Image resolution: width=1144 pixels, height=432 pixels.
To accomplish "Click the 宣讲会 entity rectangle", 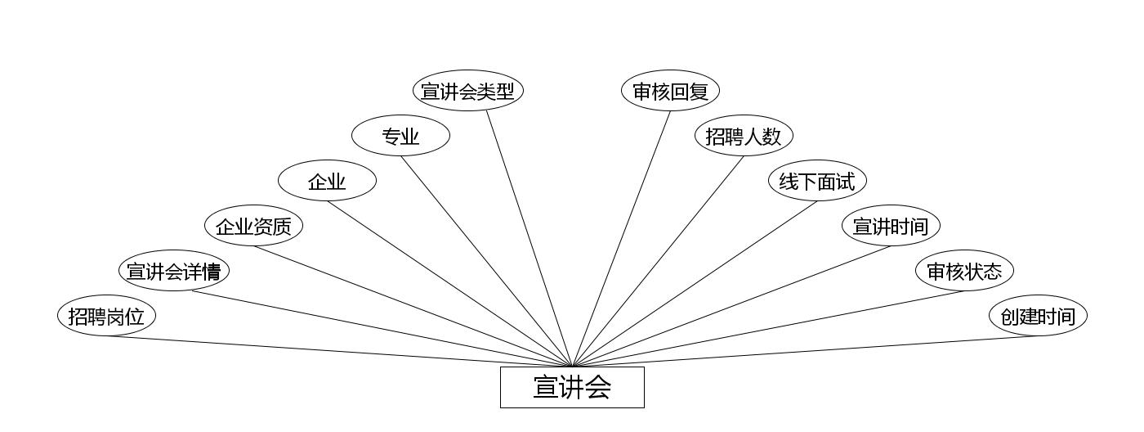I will pyautogui.click(x=572, y=387).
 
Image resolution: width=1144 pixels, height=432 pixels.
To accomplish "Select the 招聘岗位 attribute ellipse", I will pyautogui.click(x=106, y=316).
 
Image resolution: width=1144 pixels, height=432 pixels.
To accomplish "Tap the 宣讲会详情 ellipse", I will pyautogui.click(x=174, y=271).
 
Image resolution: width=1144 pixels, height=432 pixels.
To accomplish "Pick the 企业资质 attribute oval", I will pyautogui.click(x=253, y=226).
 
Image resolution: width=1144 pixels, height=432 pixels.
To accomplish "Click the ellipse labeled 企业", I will pyautogui.click(x=327, y=182).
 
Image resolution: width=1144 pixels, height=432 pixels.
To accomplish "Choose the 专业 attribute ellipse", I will pyautogui.click(x=400, y=137).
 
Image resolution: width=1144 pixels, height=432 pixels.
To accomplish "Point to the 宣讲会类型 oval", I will pyautogui.click(x=467, y=91).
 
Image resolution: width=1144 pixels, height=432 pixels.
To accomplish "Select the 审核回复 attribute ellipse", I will pyautogui.click(x=670, y=91).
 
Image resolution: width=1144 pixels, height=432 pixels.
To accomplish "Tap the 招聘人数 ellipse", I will pyautogui.click(x=744, y=136).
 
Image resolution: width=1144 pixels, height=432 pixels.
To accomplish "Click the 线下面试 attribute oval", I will pyautogui.click(x=817, y=181).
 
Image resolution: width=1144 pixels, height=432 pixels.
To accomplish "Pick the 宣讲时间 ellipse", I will pyautogui.click(x=891, y=226).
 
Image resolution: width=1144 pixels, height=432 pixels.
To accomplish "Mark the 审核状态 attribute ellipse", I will pyautogui.click(x=964, y=271).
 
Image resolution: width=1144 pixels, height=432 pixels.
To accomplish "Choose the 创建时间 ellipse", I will pyautogui.click(x=1038, y=316).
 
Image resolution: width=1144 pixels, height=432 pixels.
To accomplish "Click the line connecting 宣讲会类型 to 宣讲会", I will pyautogui.click(x=530, y=238).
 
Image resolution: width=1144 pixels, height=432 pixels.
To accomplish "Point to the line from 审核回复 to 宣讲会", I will pyautogui.click(x=621, y=238).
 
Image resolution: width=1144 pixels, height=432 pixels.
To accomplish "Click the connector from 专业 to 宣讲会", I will pyautogui.click(x=486, y=261).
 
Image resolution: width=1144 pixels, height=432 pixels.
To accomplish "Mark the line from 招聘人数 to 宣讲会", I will pyautogui.click(x=658, y=261).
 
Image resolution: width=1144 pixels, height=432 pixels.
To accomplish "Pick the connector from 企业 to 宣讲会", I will pyautogui.click(x=449, y=284).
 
